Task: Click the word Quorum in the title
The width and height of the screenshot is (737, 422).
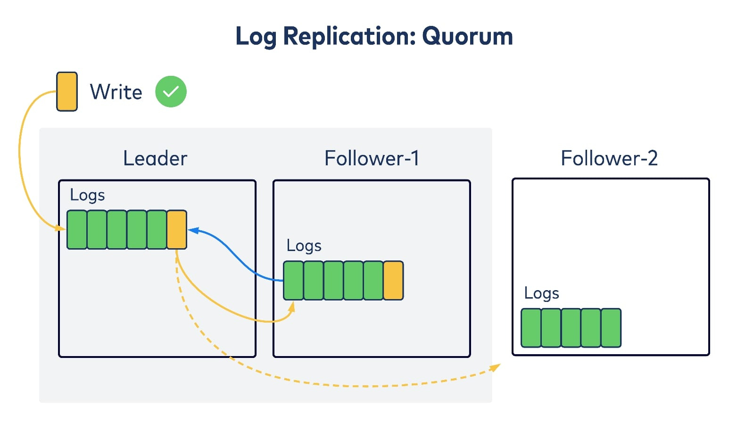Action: pos(467,37)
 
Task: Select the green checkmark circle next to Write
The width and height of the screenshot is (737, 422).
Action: pos(171,91)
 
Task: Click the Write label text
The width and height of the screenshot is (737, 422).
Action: pos(116,92)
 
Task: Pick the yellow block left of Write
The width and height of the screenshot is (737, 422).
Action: pos(67,92)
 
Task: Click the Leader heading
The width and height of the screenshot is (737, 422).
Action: pos(155,158)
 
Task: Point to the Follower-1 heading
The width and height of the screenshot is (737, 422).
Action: pos(372,158)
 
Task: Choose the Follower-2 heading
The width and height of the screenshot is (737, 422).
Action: pos(609,158)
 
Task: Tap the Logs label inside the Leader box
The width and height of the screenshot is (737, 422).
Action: pos(88,195)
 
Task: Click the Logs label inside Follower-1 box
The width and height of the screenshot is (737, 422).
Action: pos(304,246)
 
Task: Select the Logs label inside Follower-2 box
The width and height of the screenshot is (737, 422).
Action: pos(542,293)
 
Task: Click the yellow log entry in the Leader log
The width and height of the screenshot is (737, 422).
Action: pos(177,230)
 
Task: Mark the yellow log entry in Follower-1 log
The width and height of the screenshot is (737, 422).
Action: pos(394,280)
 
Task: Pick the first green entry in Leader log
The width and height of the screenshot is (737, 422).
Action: pos(77,230)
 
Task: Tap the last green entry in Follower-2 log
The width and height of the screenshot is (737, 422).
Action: pos(611,328)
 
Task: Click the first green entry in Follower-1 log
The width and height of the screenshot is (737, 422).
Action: pos(293,280)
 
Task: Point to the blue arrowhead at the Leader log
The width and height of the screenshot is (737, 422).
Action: pos(193,230)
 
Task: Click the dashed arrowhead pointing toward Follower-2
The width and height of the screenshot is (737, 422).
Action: pos(495,367)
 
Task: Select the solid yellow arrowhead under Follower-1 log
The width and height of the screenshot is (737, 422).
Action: pos(291,307)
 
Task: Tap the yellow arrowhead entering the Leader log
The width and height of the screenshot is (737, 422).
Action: pos(60,228)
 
